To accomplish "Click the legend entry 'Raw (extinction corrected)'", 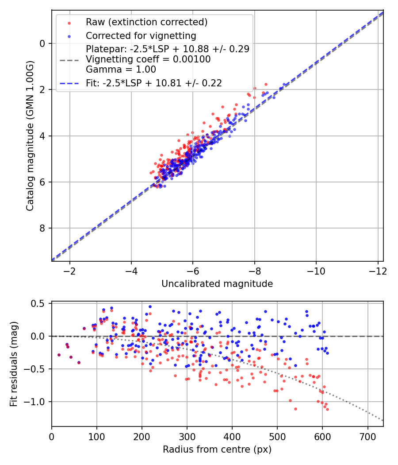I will [146, 22].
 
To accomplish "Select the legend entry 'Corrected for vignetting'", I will [141, 35].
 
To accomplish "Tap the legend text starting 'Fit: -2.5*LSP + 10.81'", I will [153, 83].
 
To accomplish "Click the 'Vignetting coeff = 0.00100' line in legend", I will [148, 59].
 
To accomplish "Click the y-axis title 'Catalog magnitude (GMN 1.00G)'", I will [30, 136].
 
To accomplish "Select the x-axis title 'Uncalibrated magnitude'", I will [217, 283].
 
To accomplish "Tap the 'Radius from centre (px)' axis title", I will [217, 449].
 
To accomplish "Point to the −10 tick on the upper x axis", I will [316, 271].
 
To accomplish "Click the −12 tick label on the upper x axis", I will [377, 271].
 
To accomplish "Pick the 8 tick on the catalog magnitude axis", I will [42, 228].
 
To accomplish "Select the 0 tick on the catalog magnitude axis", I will [42, 43].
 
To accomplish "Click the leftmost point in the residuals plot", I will [59, 355].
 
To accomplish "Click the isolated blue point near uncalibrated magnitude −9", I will [284, 84].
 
